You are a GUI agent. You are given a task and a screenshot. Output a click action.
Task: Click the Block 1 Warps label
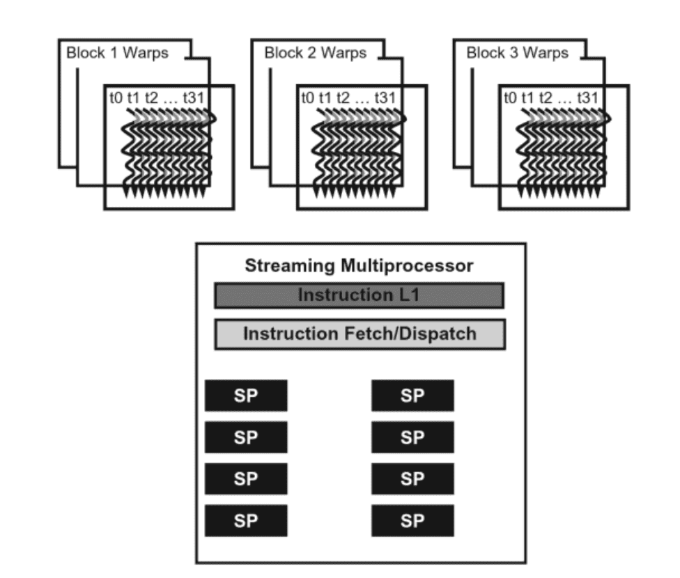(x=117, y=53)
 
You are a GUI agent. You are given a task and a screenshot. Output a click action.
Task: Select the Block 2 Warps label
(x=315, y=53)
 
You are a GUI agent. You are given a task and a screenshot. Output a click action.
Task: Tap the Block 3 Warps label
(x=518, y=53)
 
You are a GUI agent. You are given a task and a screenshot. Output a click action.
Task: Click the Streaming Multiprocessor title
(x=360, y=265)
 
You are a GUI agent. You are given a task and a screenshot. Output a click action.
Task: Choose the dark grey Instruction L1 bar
(x=359, y=295)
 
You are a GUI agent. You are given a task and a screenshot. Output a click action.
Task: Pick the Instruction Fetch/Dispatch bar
(x=359, y=334)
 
